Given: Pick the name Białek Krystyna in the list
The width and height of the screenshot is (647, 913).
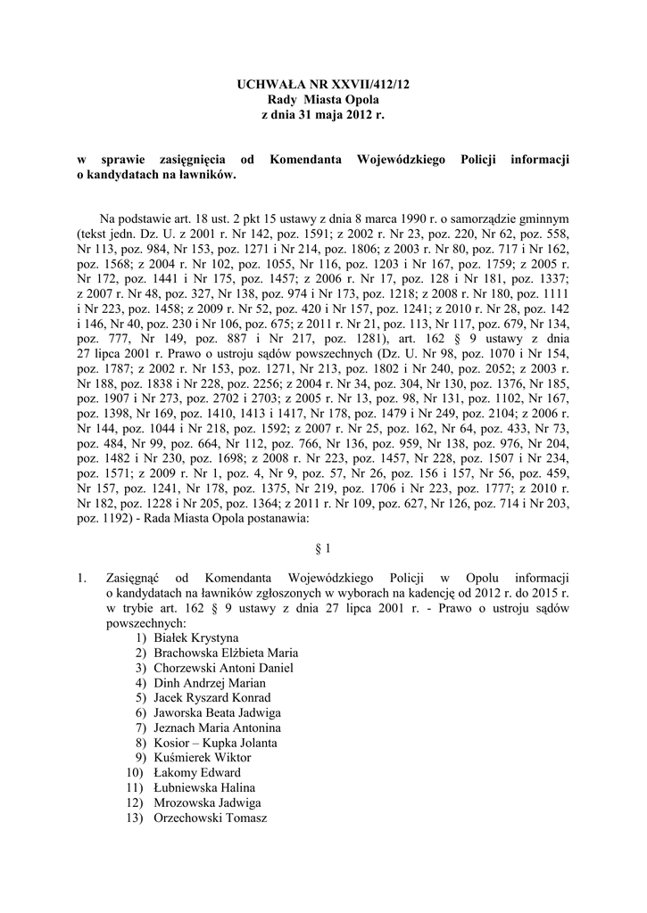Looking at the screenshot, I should click(x=196, y=637).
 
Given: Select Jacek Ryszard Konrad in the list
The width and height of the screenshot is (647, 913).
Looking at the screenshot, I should click(x=212, y=698).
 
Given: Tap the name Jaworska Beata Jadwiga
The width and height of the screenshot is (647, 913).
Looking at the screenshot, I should click(x=218, y=713).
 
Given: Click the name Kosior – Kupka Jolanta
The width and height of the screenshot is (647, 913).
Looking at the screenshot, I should click(x=215, y=743).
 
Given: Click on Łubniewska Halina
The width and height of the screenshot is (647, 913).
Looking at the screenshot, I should click(x=204, y=788).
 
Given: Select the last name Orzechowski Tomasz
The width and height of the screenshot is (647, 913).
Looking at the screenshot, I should click(x=211, y=818).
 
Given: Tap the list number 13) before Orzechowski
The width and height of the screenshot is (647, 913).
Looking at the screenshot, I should click(x=135, y=818).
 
